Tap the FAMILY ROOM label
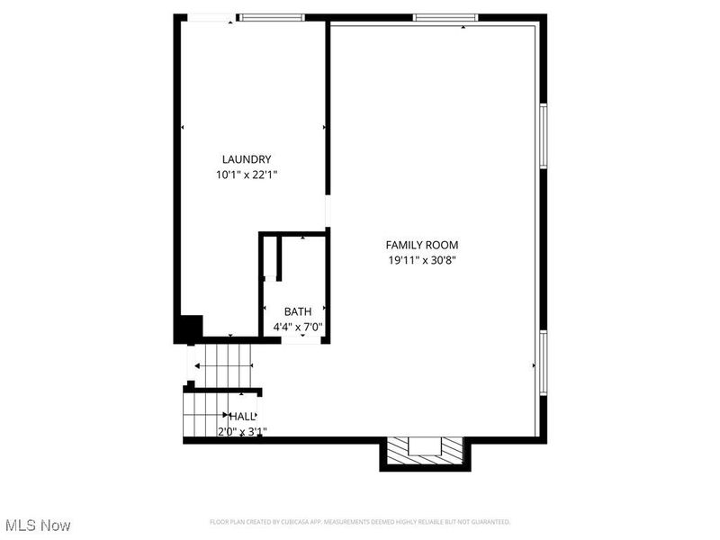422,245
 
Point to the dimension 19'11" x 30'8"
422,261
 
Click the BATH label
298,311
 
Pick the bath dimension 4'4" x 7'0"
297,328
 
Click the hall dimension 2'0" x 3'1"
242,432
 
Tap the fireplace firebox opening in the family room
423,447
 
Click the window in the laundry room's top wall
271,17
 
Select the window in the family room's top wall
445,17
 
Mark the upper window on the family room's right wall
543,135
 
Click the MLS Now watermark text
38,525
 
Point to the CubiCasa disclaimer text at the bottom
360,522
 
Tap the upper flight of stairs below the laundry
221,365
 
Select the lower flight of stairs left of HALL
203,416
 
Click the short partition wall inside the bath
279,258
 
